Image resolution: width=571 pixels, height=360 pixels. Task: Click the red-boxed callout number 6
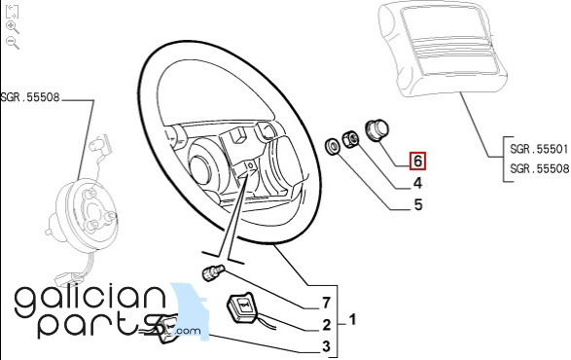[417, 161]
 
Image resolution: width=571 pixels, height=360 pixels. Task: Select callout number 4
[417, 183]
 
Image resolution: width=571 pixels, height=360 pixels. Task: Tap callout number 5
[418, 204]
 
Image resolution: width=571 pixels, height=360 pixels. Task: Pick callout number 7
[326, 303]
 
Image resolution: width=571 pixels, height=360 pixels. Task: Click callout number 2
[326, 325]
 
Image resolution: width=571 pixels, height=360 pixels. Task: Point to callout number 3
[326, 346]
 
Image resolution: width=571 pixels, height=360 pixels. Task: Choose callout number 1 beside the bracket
[352, 320]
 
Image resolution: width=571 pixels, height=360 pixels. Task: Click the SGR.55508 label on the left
[30, 97]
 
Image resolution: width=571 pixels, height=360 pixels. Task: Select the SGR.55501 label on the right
[539, 149]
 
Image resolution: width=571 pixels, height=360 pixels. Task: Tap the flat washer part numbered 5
[332, 147]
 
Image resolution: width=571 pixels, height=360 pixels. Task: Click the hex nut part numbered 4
[350, 139]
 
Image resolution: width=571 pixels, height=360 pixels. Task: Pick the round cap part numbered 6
[376, 130]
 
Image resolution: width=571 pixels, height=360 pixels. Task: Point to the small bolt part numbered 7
[213, 272]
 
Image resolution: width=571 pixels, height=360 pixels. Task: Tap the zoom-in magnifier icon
[13, 27]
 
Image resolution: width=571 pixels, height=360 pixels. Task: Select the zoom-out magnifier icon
[13, 43]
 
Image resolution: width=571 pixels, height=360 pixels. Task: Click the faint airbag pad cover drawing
[443, 50]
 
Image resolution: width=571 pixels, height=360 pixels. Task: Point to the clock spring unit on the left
[82, 211]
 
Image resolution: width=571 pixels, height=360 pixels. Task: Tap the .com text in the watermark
[187, 331]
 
